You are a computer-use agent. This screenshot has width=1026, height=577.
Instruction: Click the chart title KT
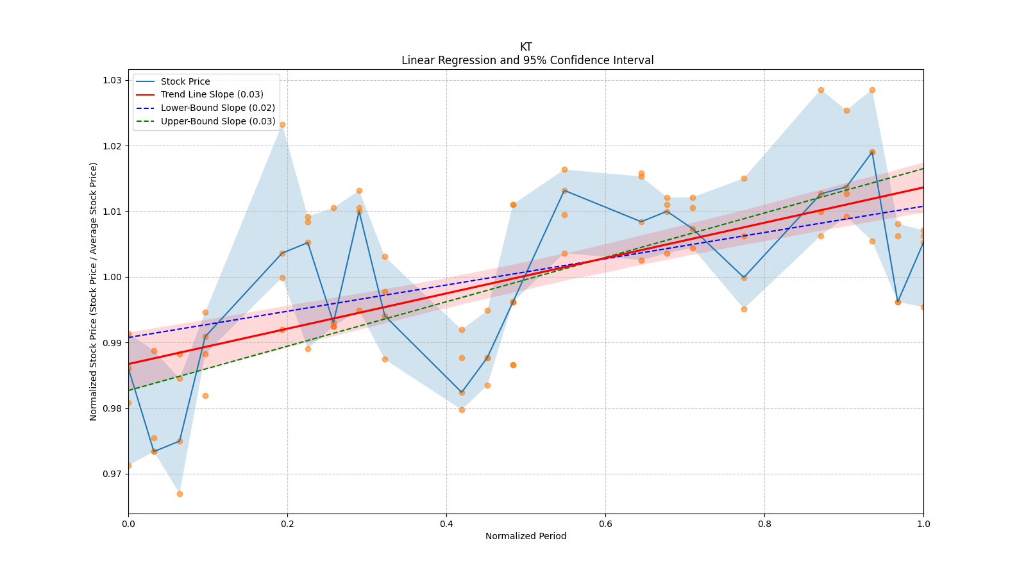pos(526,47)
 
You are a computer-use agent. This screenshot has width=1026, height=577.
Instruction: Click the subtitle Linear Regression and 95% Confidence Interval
pos(527,60)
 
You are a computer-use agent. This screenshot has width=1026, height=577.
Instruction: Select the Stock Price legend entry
pos(185,81)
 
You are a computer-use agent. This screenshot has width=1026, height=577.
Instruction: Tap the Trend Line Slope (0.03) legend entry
pos(212,95)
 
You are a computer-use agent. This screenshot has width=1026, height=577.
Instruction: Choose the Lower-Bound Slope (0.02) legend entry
pos(217,108)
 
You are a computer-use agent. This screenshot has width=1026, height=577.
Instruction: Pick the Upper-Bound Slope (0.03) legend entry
pos(218,121)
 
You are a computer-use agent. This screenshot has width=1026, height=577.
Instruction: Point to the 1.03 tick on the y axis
pos(112,80)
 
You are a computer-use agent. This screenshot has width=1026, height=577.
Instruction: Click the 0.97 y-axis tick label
pos(112,474)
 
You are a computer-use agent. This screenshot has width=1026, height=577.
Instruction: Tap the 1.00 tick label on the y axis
pos(112,277)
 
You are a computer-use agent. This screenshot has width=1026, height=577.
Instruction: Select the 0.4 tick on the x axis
pos(446,523)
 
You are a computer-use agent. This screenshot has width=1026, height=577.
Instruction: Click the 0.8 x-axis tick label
pos(764,523)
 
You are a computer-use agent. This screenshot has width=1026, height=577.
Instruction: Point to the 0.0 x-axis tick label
pos(128,523)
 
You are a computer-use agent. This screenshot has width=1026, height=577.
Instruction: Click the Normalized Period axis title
pos(526,536)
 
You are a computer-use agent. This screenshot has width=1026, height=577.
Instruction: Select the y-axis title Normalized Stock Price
pos(94,291)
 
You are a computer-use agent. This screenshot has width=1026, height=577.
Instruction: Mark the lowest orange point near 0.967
pos(180,494)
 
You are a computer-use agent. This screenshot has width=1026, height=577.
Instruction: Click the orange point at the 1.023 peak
pos(282,124)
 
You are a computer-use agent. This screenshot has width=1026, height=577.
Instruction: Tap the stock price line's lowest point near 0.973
pos(154,451)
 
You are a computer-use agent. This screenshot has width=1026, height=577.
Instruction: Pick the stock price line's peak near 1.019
pos(872,152)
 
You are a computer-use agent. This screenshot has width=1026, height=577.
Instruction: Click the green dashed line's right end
pos(923,169)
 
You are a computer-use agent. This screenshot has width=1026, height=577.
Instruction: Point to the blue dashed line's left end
pos(129,337)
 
